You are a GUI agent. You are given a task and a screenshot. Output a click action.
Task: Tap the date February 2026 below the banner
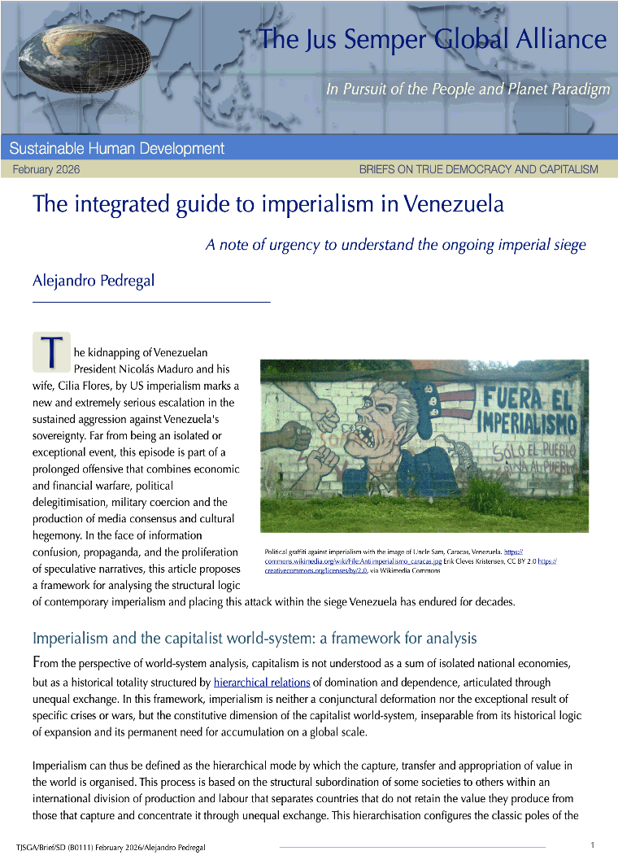tap(46, 169)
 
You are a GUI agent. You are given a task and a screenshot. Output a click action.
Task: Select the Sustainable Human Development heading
tap(117, 148)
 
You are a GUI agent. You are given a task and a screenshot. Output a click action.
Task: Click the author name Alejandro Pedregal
tap(94, 281)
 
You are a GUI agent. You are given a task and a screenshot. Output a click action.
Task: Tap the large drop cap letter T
tap(50, 351)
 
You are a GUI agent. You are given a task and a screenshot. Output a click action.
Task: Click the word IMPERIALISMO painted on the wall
tap(526, 425)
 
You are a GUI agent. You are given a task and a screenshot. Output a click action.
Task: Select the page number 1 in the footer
tap(593, 844)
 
